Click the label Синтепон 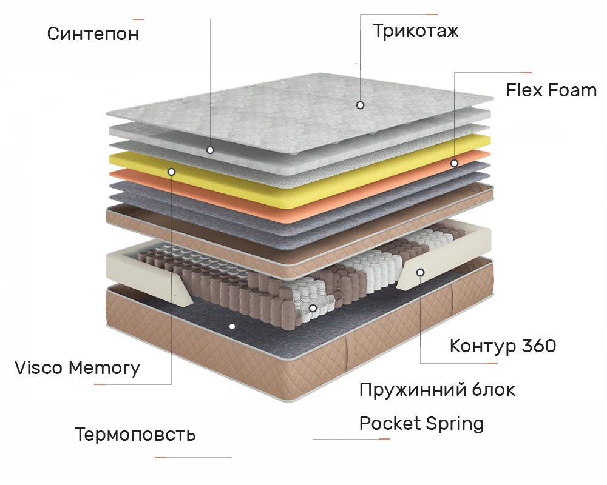pos(93,33)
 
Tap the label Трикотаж pos(416,31)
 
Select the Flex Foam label pos(551,90)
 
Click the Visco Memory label pos(77,367)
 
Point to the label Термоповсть pos(135,434)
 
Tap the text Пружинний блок pos(437,389)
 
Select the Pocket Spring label pos(421,423)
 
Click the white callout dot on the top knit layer pos(360,105)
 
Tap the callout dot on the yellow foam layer pos(171,172)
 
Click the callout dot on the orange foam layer pos(453,163)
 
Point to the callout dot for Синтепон pos(210,149)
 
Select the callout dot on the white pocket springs pos(313,308)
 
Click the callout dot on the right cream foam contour pos(419,272)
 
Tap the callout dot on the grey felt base pos(232,326)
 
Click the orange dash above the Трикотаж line pos(432,14)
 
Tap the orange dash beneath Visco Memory pos(100,384)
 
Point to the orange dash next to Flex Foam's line pos(526,73)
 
